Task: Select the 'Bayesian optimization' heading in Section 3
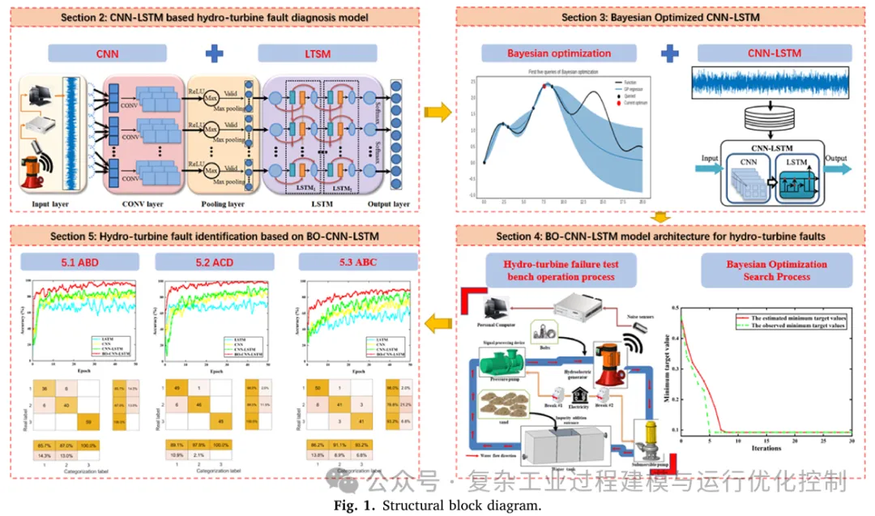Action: pos(559,53)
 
